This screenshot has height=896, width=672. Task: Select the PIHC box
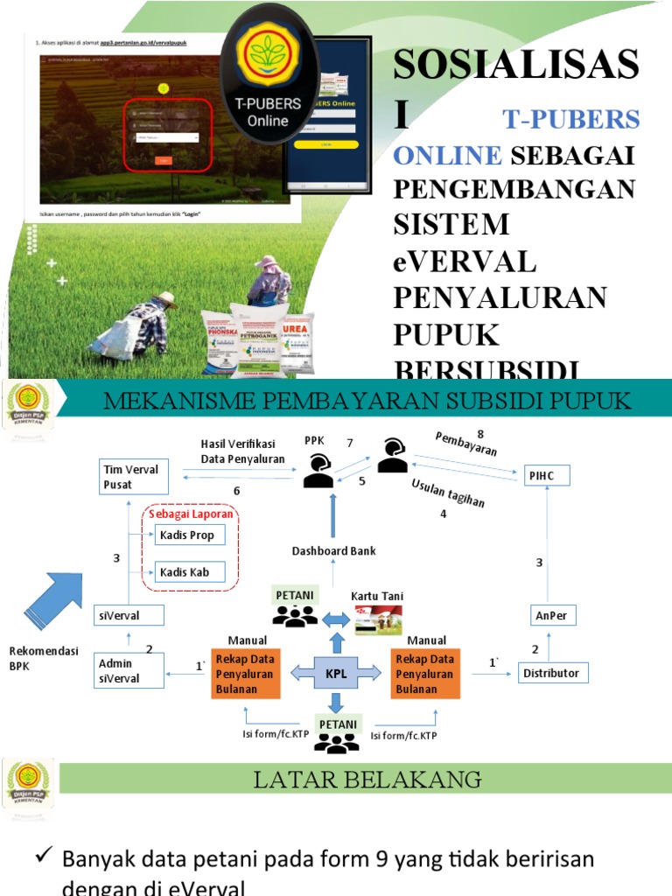click(x=548, y=475)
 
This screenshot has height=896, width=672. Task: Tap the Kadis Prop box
click(x=189, y=535)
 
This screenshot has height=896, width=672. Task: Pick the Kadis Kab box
click(x=189, y=573)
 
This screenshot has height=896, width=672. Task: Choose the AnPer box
click(x=551, y=615)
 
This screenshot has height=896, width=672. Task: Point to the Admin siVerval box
click(x=129, y=671)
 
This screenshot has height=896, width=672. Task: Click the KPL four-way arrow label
click(x=337, y=673)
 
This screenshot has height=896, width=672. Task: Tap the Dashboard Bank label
click(x=333, y=551)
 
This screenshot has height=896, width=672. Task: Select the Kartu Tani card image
click(x=378, y=620)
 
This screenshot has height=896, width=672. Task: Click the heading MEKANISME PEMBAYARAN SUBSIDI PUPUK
click(x=366, y=402)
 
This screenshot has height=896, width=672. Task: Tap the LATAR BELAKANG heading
click(x=367, y=780)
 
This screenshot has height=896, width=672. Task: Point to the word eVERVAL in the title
click(x=464, y=261)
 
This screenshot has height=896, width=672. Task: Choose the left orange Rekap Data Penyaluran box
click(x=245, y=674)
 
